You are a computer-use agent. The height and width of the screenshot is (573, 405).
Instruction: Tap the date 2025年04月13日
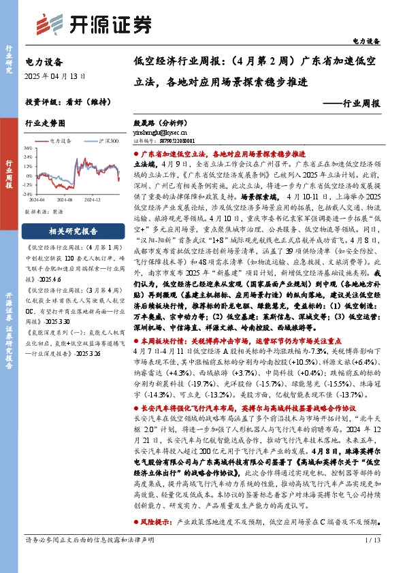point(55,76)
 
